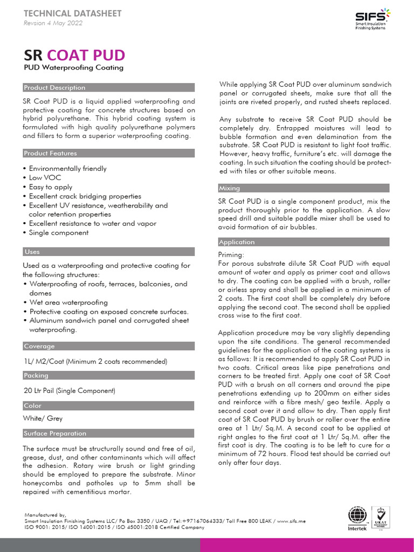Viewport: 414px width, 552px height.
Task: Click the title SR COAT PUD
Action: point(74,55)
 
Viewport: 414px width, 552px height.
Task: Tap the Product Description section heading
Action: point(54,87)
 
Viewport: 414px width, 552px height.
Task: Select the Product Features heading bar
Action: point(51,153)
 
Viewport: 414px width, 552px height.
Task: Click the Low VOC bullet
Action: point(45,177)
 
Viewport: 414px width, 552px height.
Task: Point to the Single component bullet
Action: point(59,232)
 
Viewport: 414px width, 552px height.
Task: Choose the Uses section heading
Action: point(32,251)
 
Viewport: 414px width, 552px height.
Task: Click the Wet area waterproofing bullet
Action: point(68,302)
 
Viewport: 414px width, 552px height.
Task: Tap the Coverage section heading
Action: point(39,346)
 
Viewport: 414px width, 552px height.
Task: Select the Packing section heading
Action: point(36,375)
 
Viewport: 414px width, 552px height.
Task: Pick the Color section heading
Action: point(33,405)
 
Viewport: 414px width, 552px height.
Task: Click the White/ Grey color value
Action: point(43,418)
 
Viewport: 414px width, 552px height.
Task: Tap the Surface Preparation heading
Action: point(55,433)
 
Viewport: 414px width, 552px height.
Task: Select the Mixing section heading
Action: point(230,188)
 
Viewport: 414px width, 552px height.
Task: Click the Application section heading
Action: point(237,242)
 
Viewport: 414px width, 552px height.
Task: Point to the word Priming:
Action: point(231,254)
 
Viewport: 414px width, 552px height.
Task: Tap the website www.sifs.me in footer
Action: point(293,521)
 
